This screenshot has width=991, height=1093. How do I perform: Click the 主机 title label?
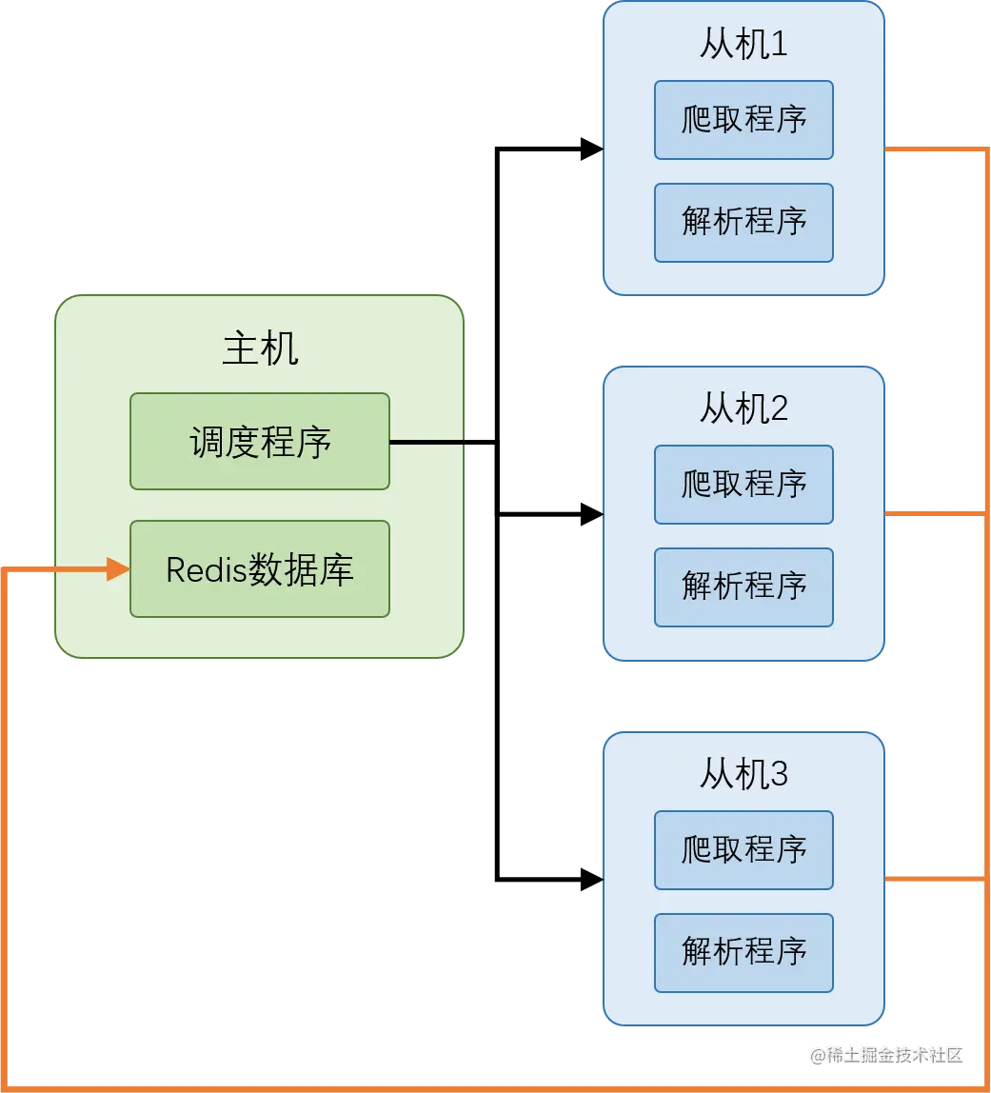(x=260, y=348)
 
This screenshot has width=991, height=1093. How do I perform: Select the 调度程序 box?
(x=259, y=442)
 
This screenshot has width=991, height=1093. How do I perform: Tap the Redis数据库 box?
(x=259, y=569)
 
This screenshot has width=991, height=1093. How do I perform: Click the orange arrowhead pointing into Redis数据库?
(x=119, y=569)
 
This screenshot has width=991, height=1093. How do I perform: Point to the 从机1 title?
(x=743, y=44)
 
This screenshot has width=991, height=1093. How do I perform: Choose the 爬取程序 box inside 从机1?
(x=743, y=120)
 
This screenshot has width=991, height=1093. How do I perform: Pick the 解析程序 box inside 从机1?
(x=743, y=223)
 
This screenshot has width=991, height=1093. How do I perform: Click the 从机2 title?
(x=743, y=409)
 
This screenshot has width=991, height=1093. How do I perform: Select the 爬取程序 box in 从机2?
(x=743, y=485)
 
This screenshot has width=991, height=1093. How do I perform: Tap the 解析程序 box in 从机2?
(x=743, y=587)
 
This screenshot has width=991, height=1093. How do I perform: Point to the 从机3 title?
(x=743, y=775)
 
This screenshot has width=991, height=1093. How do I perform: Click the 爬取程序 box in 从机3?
(x=743, y=850)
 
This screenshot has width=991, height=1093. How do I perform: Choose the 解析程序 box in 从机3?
(x=743, y=953)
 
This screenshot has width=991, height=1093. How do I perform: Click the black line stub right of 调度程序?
(x=426, y=442)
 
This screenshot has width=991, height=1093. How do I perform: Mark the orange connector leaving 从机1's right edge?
(x=933, y=149)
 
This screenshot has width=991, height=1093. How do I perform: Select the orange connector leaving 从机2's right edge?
(x=933, y=514)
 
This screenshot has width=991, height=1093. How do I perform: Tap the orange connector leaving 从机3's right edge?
(x=933, y=879)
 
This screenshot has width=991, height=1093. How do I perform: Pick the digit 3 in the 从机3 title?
(x=779, y=775)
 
